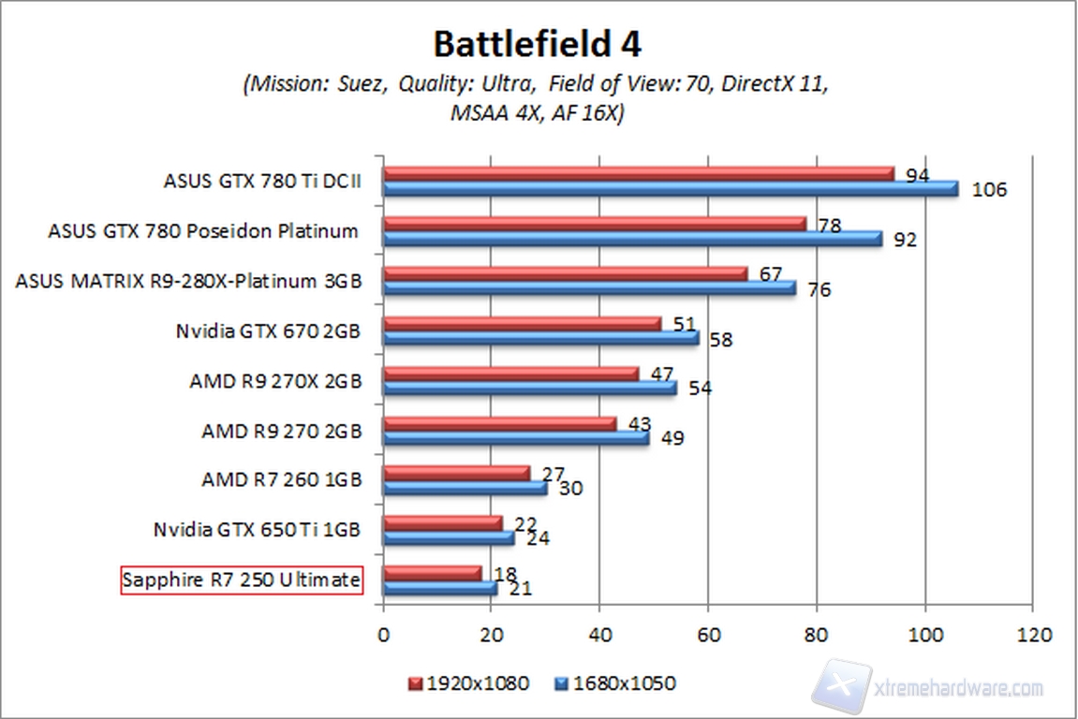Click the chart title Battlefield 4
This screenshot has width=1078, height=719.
tap(537, 44)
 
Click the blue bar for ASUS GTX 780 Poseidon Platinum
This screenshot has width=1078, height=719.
tap(632, 239)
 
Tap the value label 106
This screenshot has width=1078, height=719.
tap(988, 191)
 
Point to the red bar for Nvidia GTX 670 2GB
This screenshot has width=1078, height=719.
tap(523, 323)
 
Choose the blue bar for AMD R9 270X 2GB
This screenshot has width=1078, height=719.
tap(530, 388)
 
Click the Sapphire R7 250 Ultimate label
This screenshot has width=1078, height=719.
tap(242, 580)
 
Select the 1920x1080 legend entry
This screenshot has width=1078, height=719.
tap(469, 683)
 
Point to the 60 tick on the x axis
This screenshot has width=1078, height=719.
tap(709, 634)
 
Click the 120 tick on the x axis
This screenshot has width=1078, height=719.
tap(1033, 634)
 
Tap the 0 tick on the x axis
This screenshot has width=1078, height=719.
tap(384, 634)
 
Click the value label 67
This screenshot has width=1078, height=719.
tap(769, 273)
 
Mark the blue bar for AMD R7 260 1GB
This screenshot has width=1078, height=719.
tap(465, 488)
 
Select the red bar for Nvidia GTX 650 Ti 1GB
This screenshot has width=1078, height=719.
tap(443, 521)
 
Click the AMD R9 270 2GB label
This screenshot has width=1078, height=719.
tap(281, 432)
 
